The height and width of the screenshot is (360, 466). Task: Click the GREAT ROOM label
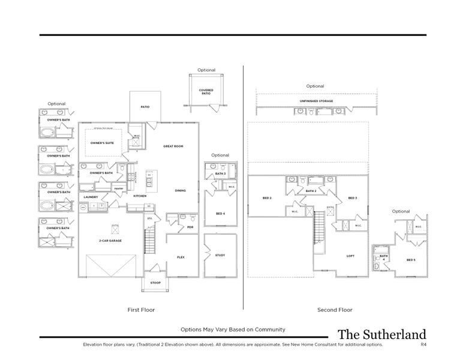point(173,146)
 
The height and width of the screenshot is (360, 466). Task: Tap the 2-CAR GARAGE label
point(110,240)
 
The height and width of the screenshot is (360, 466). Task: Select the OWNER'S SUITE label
point(102,143)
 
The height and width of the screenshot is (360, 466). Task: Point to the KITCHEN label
point(140,196)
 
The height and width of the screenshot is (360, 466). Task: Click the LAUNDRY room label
point(91,197)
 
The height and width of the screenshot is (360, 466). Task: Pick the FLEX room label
point(181,257)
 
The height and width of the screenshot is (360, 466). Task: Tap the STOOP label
point(155,282)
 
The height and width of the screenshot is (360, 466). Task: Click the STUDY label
point(220,256)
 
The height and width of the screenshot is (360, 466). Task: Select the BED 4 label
point(220,213)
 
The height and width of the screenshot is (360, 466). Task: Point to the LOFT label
point(350,256)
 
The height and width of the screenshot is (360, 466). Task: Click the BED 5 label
point(411,260)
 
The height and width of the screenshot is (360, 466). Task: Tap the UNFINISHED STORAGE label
point(316,101)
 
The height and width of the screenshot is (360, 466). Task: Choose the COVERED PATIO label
point(206,92)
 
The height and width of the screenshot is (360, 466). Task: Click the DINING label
point(180,191)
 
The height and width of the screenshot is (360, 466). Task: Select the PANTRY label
point(118,188)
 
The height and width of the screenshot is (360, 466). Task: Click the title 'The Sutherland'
point(381,334)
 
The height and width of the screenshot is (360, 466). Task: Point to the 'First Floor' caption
point(142,310)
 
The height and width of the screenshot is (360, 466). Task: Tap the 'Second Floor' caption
point(335,310)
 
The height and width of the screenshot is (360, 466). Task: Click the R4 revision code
point(423,345)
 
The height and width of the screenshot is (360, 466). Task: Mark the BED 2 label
point(267,198)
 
